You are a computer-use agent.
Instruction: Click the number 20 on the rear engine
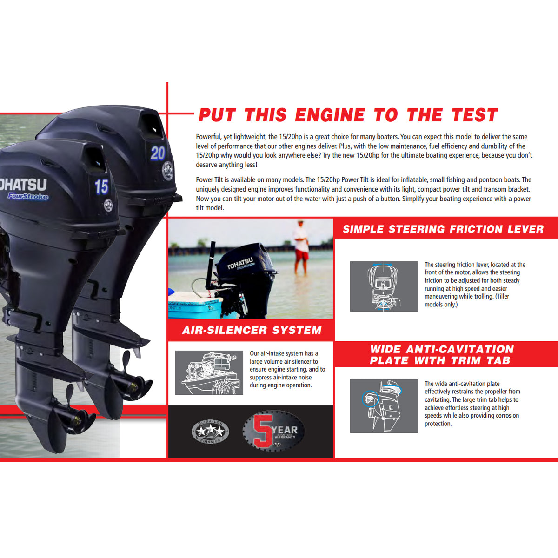[x=158, y=153]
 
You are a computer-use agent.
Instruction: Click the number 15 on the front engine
[x=101, y=187]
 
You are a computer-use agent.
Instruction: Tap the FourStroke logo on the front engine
[x=28, y=196]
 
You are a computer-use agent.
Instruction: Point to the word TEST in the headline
[x=474, y=115]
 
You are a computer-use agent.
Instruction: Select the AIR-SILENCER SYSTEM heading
[x=252, y=330]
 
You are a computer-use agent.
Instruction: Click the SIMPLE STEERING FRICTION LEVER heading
[x=443, y=229]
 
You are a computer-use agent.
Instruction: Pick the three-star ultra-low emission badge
[x=210, y=432]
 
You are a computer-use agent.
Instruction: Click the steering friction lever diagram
[x=384, y=286]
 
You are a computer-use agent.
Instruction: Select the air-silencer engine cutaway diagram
[x=209, y=373]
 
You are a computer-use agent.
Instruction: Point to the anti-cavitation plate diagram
[x=384, y=405]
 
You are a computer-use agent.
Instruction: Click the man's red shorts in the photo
[x=301, y=254]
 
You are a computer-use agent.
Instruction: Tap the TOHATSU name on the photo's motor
[x=240, y=263]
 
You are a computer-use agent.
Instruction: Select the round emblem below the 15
[x=108, y=205]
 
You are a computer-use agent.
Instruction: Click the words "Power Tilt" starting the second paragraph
[x=210, y=180]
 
